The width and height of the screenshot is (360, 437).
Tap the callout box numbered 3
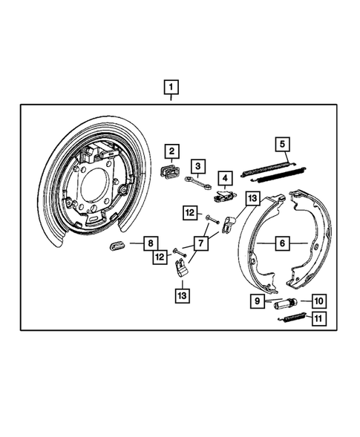[x=198, y=165]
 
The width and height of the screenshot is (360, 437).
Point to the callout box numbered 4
[x=224, y=178]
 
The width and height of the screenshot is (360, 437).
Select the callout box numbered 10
[x=318, y=301]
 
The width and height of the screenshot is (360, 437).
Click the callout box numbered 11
[x=318, y=319]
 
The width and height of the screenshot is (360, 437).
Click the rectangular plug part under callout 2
[x=170, y=174]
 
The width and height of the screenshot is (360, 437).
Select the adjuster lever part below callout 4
[x=224, y=198]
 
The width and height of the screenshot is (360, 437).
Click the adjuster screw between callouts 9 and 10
[x=286, y=303]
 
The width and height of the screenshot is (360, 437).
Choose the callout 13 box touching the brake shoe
[x=253, y=198]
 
